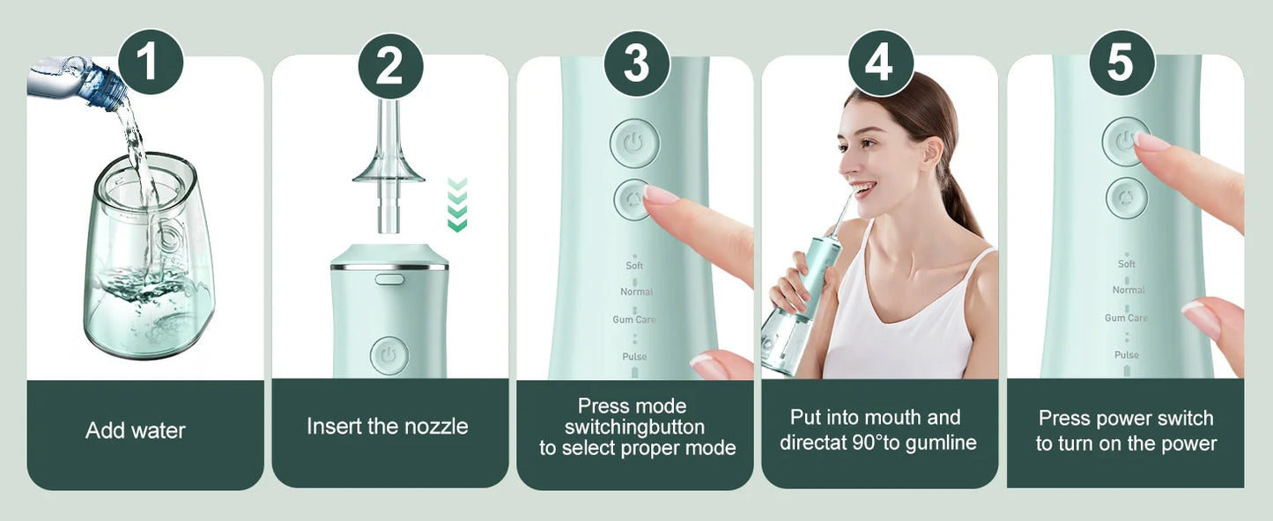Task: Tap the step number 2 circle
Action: click(x=390, y=66)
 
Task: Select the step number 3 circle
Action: click(x=636, y=63)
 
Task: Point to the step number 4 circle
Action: click(x=880, y=63)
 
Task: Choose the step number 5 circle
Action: click(x=1121, y=63)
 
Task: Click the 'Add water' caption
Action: click(x=136, y=430)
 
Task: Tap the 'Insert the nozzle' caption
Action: click(x=388, y=427)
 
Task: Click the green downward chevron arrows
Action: click(x=457, y=205)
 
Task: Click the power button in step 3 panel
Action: click(x=634, y=143)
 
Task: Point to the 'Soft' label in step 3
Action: click(x=634, y=266)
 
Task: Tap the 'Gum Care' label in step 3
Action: click(x=634, y=319)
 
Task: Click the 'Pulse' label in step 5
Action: click(x=1126, y=356)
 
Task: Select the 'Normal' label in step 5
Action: click(x=1129, y=290)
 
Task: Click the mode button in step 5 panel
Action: click(x=1127, y=198)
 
